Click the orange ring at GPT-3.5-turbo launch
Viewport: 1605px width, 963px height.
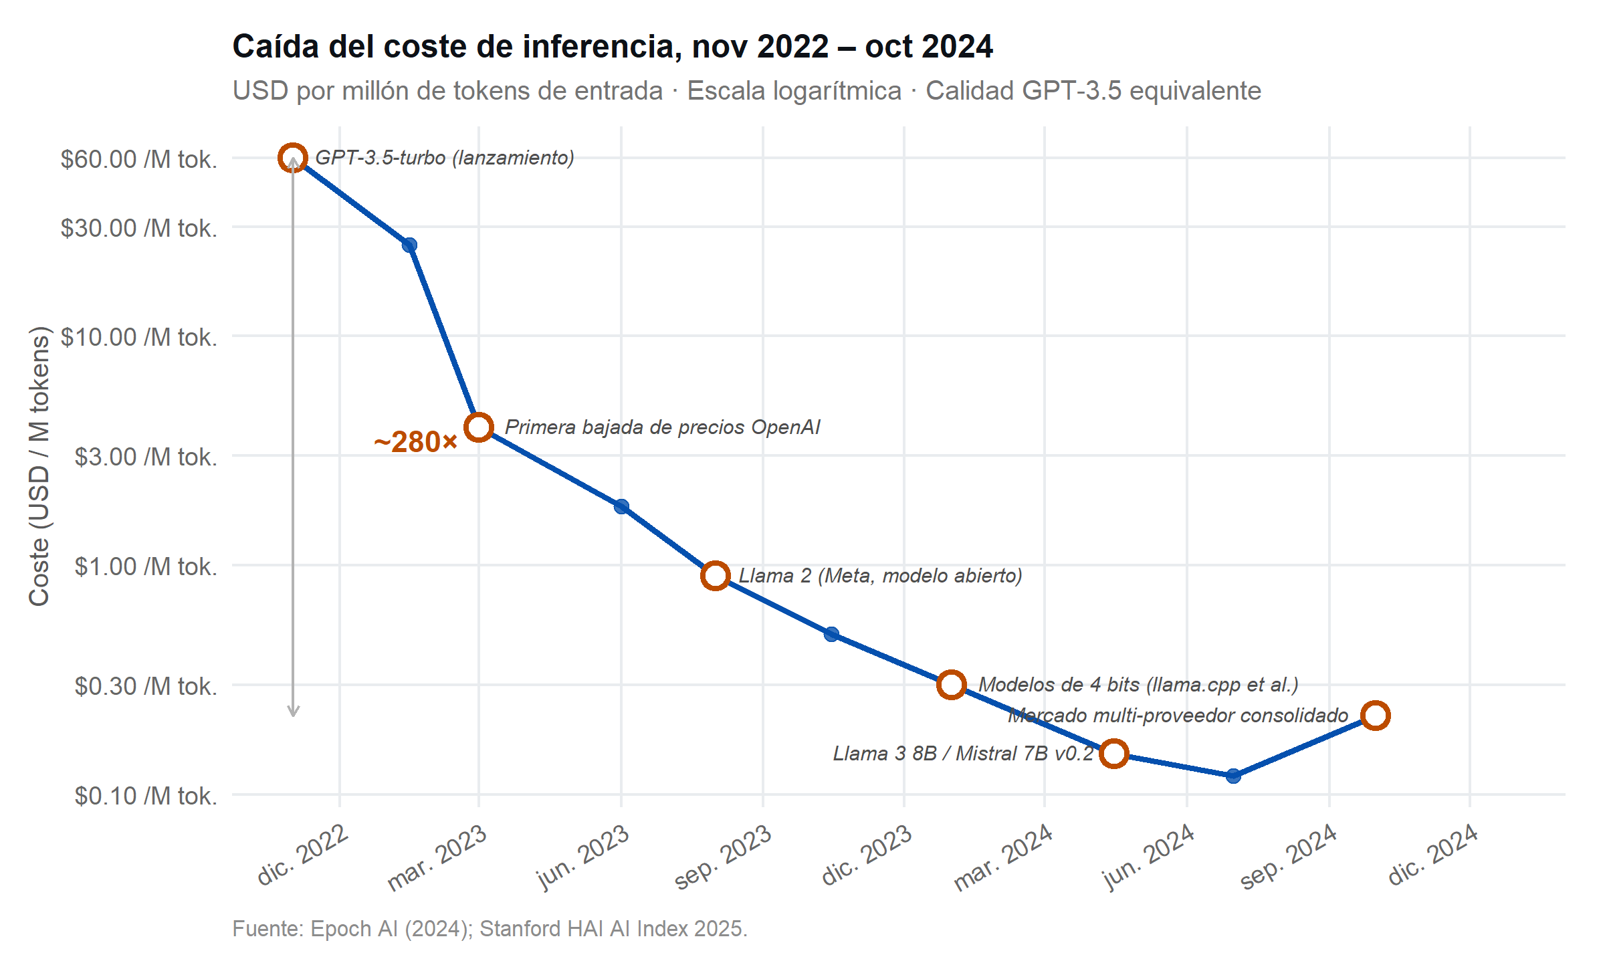(293, 158)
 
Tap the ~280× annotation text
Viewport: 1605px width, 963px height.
(415, 442)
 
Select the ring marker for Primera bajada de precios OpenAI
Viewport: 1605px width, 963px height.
(479, 427)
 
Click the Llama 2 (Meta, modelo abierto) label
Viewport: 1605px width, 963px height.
(880, 576)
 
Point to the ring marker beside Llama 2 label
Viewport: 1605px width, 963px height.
(715, 575)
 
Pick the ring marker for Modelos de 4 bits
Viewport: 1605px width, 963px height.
(951, 685)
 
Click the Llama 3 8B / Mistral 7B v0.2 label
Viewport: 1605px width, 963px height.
(963, 754)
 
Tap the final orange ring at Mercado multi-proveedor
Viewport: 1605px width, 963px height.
(1376, 716)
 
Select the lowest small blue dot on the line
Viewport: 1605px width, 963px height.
(1234, 776)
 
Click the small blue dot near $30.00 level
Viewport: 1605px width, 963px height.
(409, 245)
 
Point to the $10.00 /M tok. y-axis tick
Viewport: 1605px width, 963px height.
(139, 337)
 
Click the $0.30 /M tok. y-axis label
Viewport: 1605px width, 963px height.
(146, 686)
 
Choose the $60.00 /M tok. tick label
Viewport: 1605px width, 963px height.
(139, 159)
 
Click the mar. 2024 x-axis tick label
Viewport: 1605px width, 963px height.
(1003, 859)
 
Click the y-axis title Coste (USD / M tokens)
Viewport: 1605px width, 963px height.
(39, 466)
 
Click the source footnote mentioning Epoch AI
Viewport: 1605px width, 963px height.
(490, 929)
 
